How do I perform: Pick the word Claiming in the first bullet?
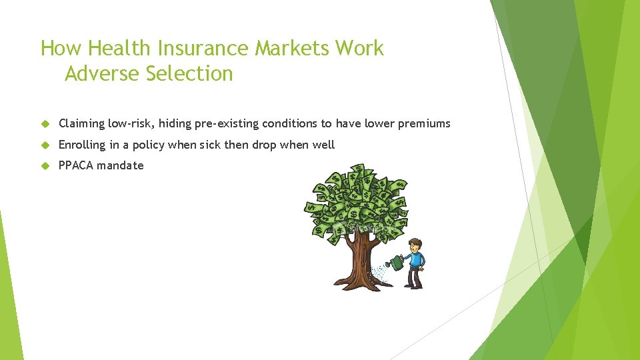81,123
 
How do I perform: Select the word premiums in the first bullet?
425,123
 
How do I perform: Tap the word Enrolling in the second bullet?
82,145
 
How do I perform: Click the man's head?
415,245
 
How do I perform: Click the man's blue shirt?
417,259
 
